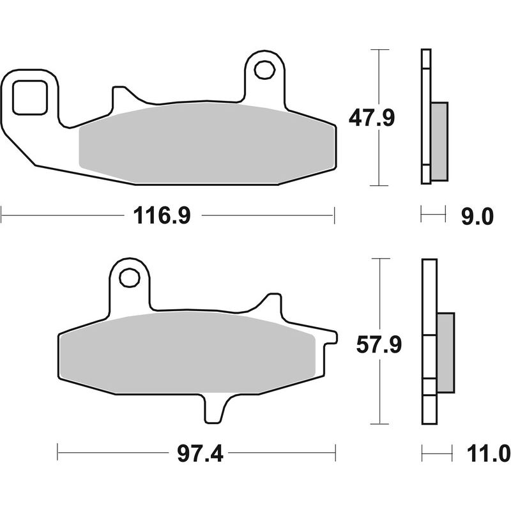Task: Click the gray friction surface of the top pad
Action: point(204,144)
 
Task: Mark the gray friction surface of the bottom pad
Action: point(185,355)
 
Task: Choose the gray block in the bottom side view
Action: point(445,353)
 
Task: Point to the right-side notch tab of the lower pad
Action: point(328,337)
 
